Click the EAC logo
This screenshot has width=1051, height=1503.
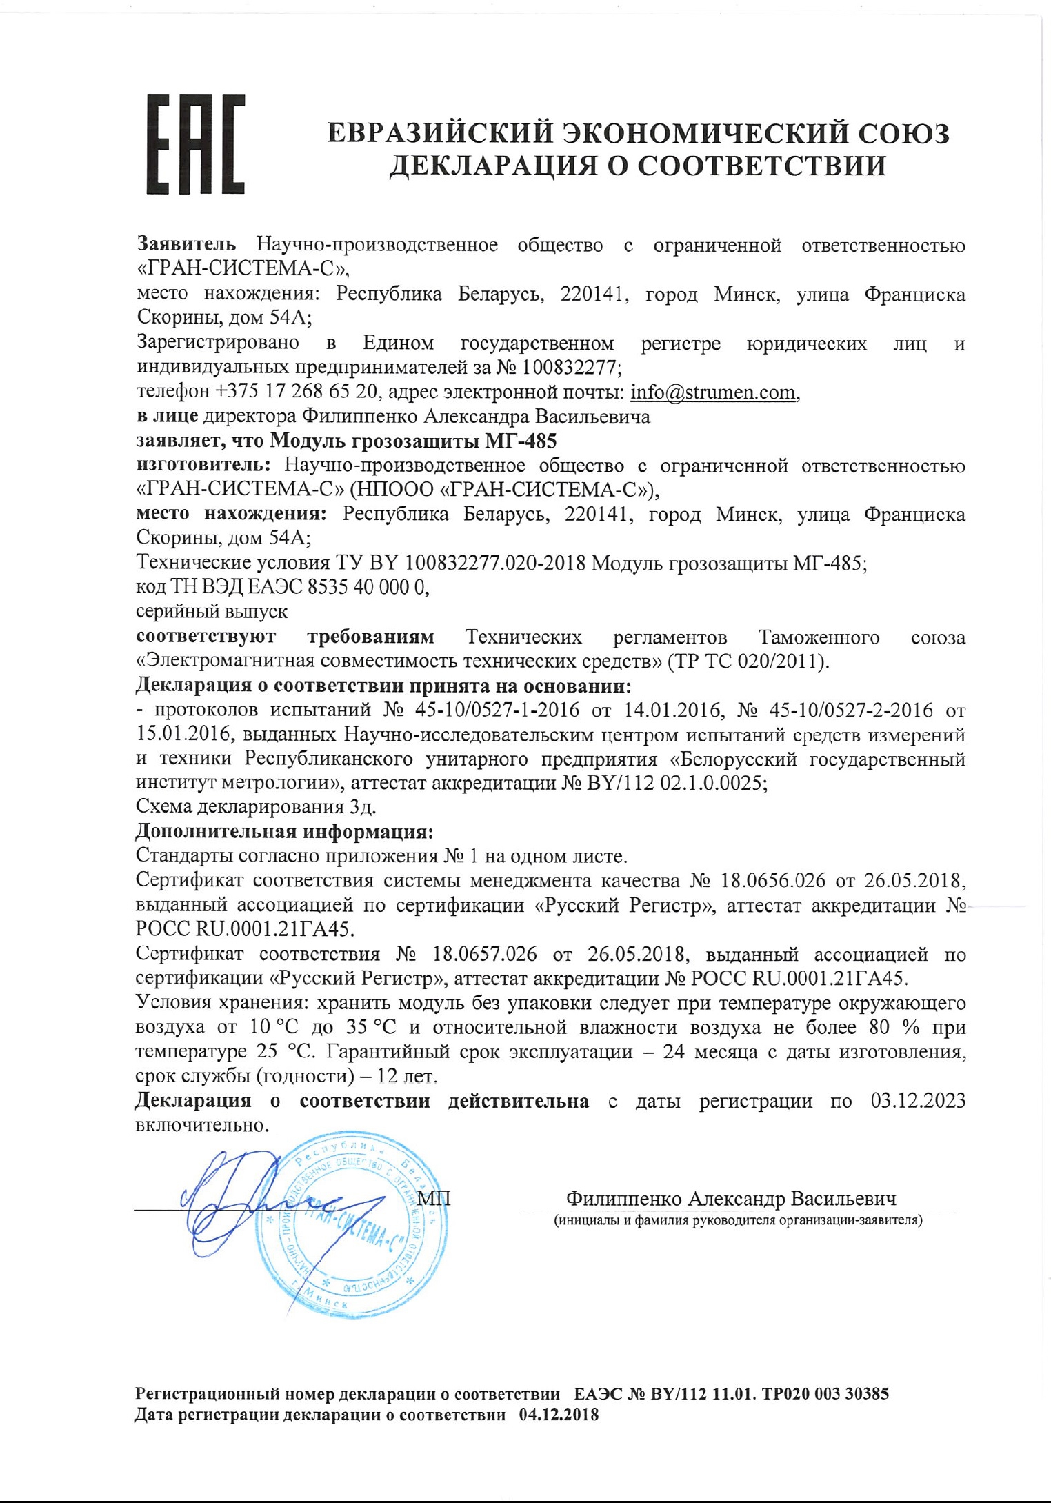(195, 144)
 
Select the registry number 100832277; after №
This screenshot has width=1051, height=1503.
(571, 367)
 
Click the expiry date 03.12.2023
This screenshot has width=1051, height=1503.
(918, 1101)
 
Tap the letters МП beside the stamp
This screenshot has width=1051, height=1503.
(434, 1198)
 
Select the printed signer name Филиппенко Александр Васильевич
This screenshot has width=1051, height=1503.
(731, 1199)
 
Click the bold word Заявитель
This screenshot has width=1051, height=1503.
(186, 244)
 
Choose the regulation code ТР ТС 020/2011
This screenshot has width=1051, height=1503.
(746, 661)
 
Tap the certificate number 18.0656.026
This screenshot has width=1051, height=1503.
(772, 881)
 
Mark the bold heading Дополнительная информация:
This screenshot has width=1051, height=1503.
(284, 832)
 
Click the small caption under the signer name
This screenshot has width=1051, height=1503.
(738, 1220)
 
